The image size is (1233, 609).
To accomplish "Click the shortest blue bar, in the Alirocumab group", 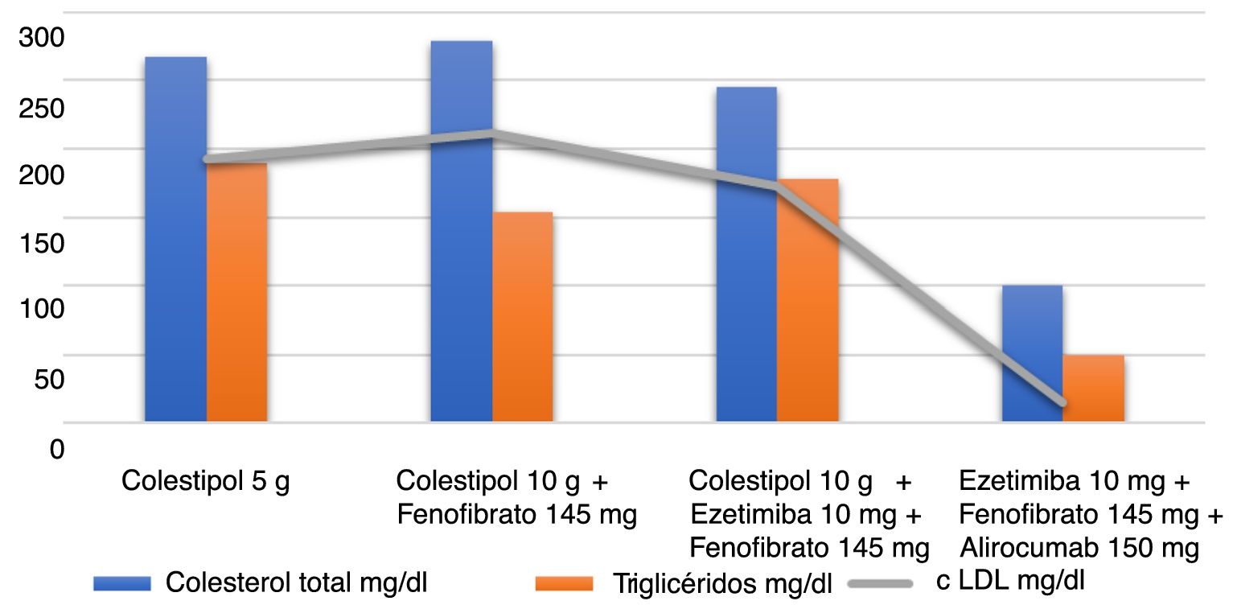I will pos(1032,353).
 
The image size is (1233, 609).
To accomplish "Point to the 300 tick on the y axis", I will pos(39,38).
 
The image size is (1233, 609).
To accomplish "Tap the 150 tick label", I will pos(39,243).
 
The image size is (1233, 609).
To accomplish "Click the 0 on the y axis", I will pos(56,448).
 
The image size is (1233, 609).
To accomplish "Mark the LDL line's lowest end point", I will pos(1063,402).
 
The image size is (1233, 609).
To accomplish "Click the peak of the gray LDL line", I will pos(491,133).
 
